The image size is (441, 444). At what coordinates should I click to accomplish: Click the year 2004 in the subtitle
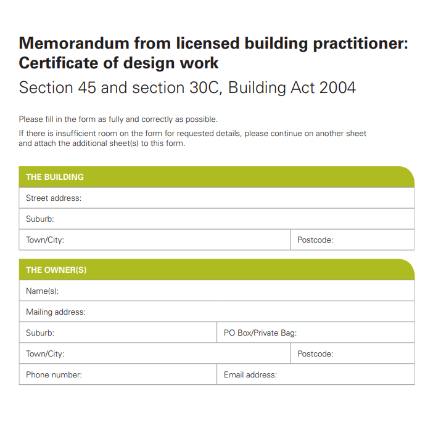coord(337,87)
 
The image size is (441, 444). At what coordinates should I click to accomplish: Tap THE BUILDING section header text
coord(55,177)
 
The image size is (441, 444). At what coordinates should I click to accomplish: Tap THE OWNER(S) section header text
coord(56,270)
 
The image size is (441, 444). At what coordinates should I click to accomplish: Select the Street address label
coord(54,198)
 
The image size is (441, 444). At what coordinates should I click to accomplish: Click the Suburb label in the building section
coord(40,219)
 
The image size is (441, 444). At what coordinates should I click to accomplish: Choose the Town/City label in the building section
coord(45,240)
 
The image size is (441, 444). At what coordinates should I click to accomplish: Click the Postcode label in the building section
coord(315,240)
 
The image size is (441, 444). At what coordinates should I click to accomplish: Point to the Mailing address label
coord(56,312)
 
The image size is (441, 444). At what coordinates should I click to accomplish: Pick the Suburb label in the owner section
coord(40,333)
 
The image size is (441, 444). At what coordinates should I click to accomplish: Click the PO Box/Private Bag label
coord(260,333)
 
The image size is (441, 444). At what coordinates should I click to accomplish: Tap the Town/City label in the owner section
coord(45,354)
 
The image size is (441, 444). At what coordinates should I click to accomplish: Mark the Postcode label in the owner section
coord(315,354)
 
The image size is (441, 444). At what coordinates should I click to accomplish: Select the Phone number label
coord(54,375)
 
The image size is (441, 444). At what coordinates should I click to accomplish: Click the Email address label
coord(250,375)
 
